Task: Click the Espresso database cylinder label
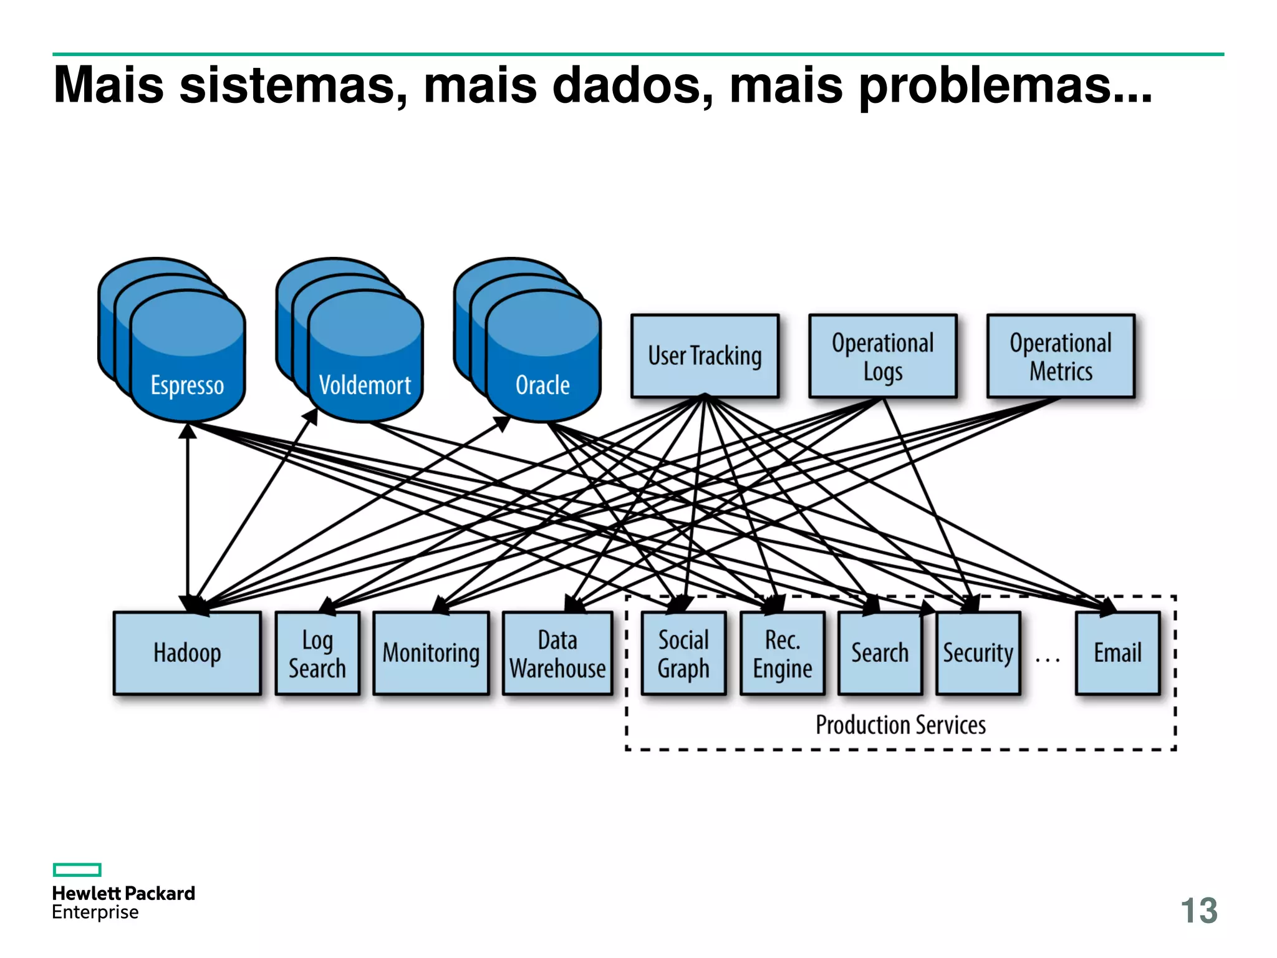(x=187, y=385)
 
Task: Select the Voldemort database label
(x=365, y=385)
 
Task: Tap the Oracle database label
(x=542, y=385)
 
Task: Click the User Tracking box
(x=705, y=356)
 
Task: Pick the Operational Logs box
(x=882, y=356)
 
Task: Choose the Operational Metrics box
(x=1060, y=356)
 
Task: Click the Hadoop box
(x=187, y=653)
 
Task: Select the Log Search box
(x=317, y=653)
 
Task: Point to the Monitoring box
(x=431, y=653)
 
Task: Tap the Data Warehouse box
(x=557, y=653)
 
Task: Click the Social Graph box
(x=683, y=653)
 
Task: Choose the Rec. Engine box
(x=782, y=653)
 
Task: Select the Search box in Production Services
(x=880, y=653)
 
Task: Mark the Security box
(x=978, y=653)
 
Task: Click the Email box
(x=1117, y=653)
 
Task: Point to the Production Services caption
(x=900, y=725)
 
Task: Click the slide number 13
(x=1198, y=911)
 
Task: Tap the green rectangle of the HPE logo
(x=77, y=869)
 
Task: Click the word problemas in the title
(x=1005, y=86)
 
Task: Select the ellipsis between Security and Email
(x=1048, y=659)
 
